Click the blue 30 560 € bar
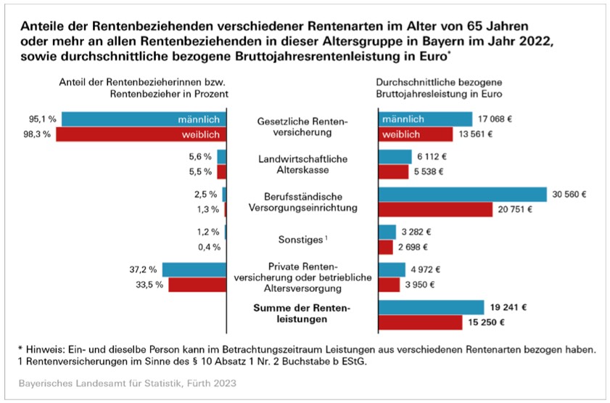point(462,194)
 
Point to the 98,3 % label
point(42,135)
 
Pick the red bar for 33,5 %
point(198,285)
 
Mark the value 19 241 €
point(508,306)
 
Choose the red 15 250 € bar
point(420,322)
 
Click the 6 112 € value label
point(433,156)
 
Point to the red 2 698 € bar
point(386,248)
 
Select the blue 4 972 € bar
point(392,269)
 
